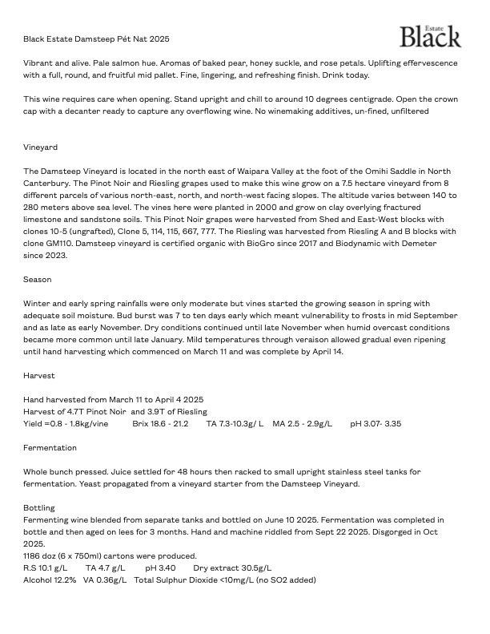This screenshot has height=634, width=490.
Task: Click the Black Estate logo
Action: tap(430, 36)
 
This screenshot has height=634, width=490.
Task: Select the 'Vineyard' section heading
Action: tap(40, 147)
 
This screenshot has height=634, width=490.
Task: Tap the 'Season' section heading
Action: tap(38, 280)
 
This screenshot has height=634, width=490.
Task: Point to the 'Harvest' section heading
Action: tap(39, 375)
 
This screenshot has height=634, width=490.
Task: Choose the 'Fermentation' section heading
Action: tap(50, 448)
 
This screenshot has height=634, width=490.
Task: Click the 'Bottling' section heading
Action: tap(39, 508)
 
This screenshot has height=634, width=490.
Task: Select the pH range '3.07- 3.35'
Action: tap(376, 423)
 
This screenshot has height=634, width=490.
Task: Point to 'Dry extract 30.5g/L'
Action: tap(232, 567)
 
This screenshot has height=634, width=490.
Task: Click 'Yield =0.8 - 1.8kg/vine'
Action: tap(66, 423)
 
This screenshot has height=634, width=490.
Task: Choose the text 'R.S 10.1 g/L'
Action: tap(46, 567)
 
